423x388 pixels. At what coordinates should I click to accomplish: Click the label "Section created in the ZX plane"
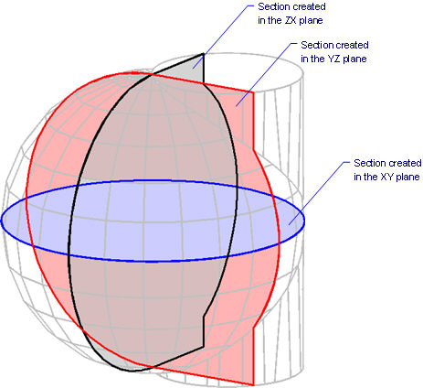(291, 14)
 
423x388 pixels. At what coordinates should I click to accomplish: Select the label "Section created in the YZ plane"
(334, 52)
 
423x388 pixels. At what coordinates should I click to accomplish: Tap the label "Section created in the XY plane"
(387, 170)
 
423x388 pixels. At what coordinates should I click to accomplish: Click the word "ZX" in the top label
(291, 20)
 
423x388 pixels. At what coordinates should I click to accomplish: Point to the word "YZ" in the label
(333, 59)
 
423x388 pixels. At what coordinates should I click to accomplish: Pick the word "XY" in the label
(386, 177)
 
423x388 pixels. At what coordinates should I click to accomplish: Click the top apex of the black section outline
(204, 54)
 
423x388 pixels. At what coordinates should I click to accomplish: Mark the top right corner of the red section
(253, 92)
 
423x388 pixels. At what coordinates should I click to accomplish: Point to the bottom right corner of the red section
(253, 385)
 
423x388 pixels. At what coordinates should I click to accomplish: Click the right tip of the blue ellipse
(304, 221)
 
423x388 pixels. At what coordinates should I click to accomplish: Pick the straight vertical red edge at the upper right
(253, 121)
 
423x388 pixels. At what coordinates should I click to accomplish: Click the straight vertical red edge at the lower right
(253, 356)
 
